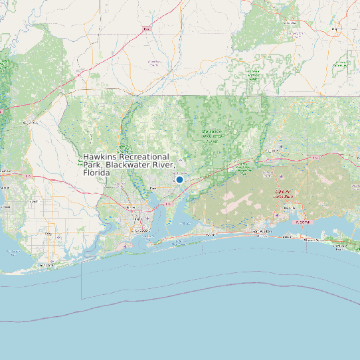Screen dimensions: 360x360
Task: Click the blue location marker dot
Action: click(x=179, y=179)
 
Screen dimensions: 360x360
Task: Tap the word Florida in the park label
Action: click(x=97, y=173)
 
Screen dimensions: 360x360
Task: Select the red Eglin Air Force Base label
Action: click(x=284, y=194)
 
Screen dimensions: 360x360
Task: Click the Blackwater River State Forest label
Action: click(x=213, y=137)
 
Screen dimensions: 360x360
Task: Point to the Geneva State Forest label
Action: click(x=341, y=64)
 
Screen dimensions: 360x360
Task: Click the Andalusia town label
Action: click(x=290, y=23)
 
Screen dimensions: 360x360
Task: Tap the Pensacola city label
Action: click(x=140, y=230)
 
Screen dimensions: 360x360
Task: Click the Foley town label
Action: click(x=48, y=234)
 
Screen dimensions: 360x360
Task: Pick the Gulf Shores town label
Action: click(x=44, y=264)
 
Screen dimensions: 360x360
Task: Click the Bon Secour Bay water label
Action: click(x=13, y=252)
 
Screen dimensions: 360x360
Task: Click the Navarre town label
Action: click(x=211, y=234)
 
